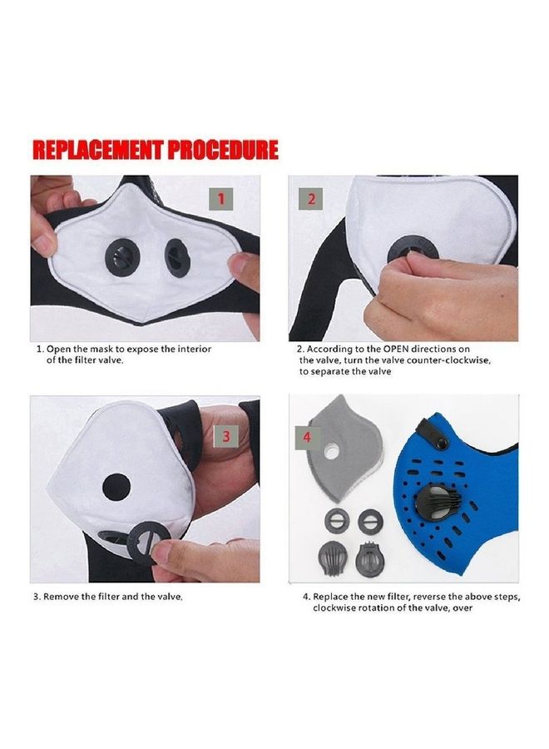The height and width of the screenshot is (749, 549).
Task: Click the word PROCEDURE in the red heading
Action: [x=222, y=150]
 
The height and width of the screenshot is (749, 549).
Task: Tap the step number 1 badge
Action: [x=220, y=199]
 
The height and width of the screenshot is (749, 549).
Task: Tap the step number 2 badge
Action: [x=311, y=199]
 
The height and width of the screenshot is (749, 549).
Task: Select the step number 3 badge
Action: [x=225, y=434]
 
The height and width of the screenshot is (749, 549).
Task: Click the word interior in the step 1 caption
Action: [x=193, y=349]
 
